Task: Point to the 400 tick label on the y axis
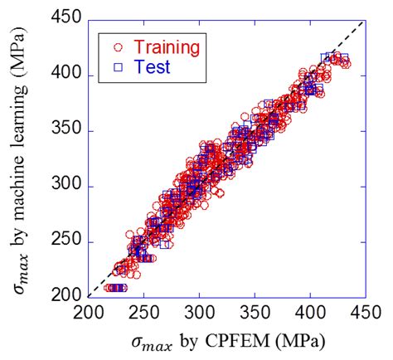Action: [x=66, y=75]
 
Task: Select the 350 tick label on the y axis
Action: [x=66, y=131]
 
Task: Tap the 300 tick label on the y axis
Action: [x=66, y=186]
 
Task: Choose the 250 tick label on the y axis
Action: [x=66, y=241]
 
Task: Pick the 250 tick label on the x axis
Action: [x=144, y=313]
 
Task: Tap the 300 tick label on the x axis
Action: [x=200, y=313]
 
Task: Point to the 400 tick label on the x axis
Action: [x=310, y=313]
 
